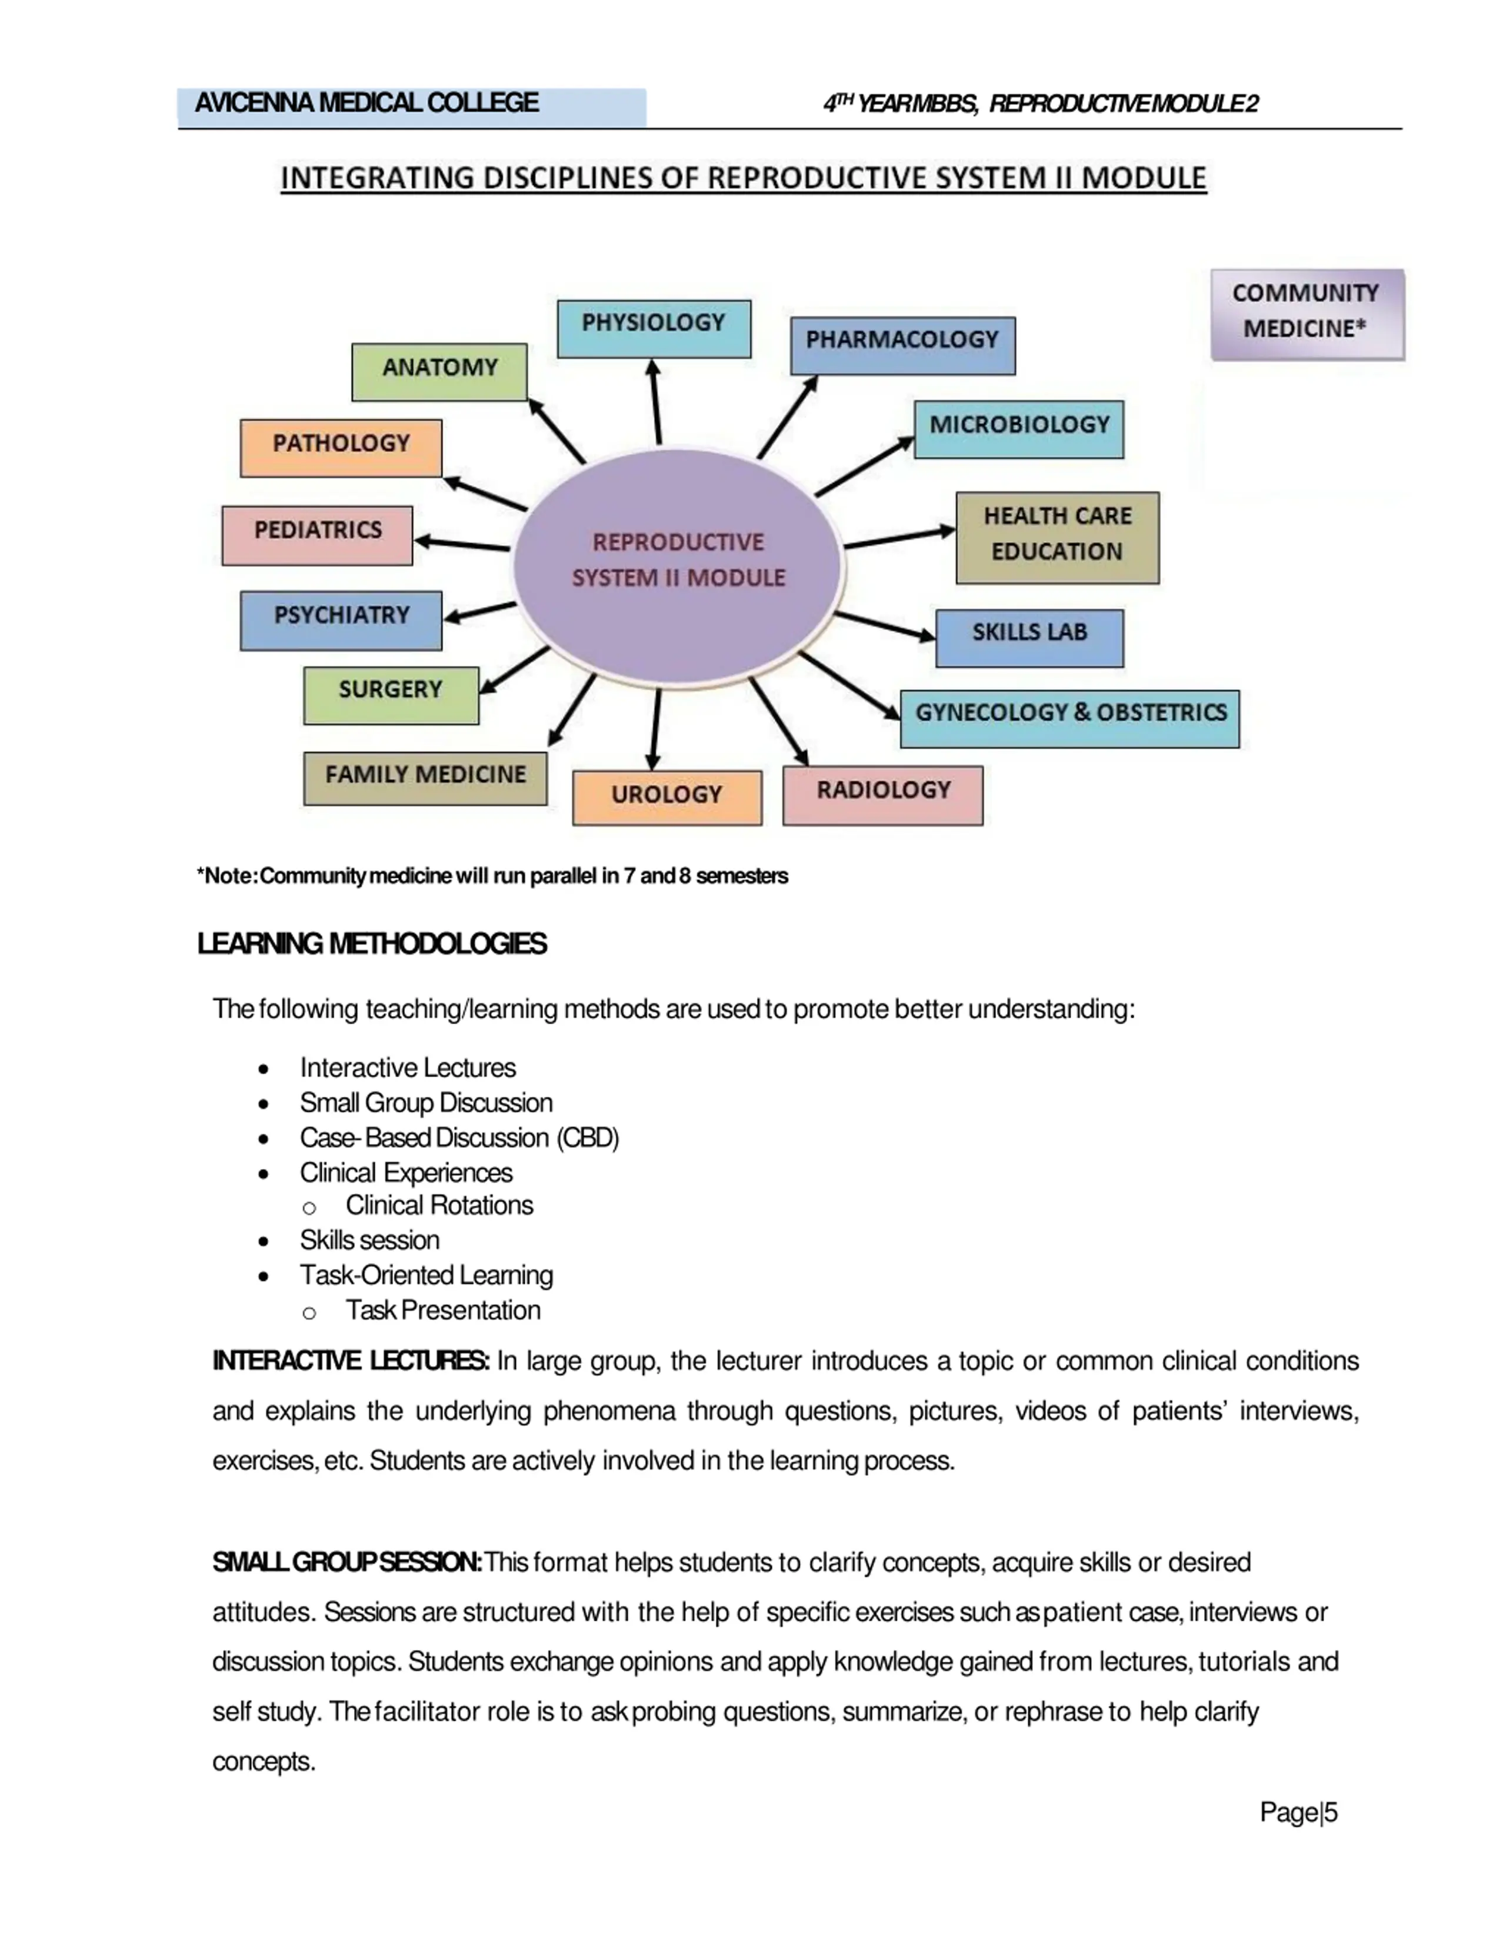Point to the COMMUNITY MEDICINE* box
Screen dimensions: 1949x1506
tap(1306, 314)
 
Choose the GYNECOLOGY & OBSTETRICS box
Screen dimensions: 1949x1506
tap(1069, 718)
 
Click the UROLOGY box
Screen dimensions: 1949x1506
tap(667, 797)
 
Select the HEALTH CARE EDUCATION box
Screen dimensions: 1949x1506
tap(1057, 537)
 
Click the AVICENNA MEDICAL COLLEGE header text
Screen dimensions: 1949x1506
tap(366, 104)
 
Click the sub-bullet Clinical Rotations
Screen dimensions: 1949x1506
tap(439, 1205)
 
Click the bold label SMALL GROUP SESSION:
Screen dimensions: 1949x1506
tap(347, 1562)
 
